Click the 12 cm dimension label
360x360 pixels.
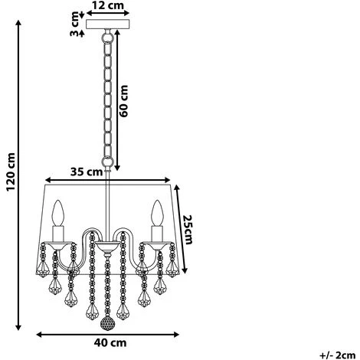[108, 5]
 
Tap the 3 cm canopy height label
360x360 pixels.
[75, 24]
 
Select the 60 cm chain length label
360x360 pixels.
[124, 101]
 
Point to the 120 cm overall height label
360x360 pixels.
[11, 172]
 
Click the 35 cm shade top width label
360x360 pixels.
[87, 172]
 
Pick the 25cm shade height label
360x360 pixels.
[188, 230]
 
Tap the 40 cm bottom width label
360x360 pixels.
[110, 343]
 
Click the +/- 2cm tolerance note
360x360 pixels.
[337, 355]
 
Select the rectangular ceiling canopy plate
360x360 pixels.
[108, 25]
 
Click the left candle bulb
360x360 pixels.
[58, 213]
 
